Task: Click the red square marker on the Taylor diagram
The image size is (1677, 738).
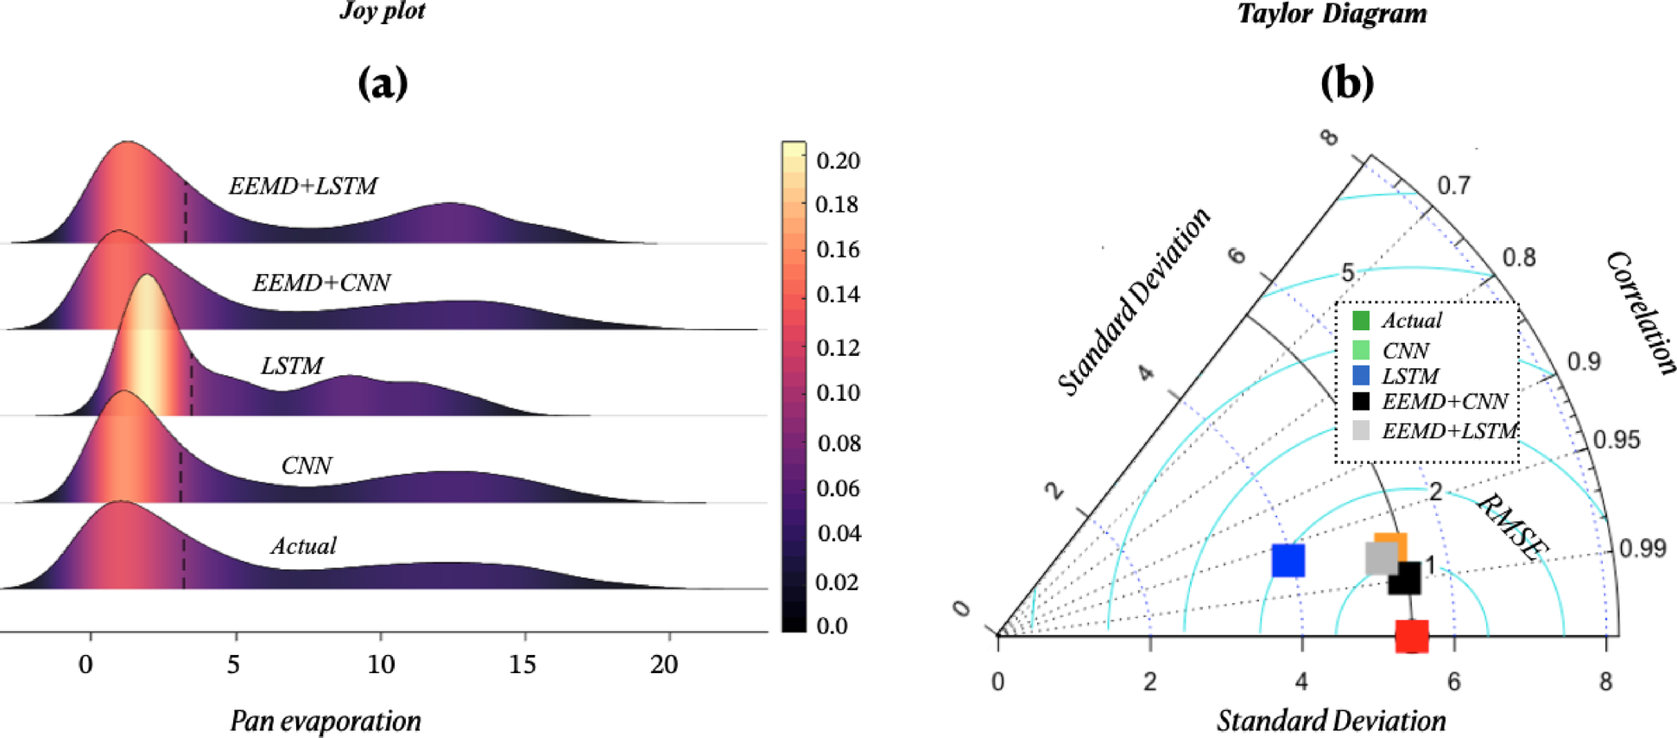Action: click(1412, 636)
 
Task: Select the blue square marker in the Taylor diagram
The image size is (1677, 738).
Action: click(1288, 560)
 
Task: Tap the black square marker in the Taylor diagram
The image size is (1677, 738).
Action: click(1405, 579)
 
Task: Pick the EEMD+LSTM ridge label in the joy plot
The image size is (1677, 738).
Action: click(302, 186)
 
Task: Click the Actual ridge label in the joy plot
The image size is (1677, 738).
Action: click(303, 546)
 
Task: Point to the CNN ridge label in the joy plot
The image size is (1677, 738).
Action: click(306, 466)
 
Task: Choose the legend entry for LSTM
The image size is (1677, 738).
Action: click(1410, 377)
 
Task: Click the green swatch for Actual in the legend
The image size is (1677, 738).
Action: click(1361, 321)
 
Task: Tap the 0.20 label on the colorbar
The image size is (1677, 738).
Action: click(838, 161)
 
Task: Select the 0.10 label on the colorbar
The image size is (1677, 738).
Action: click(838, 393)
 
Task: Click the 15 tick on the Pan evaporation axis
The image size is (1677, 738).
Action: click(522, 665)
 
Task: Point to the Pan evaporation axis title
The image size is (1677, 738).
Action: click(326, 721)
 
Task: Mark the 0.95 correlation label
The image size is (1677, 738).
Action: click(1616, 440)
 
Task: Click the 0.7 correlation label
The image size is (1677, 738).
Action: click(1453, 186)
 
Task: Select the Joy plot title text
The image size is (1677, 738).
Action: click(383, 11)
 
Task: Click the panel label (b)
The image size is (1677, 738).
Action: click(1346, 83)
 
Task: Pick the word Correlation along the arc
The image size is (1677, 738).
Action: click(1641, 313)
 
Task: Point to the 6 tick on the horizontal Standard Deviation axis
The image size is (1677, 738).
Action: click(1454, 682)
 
